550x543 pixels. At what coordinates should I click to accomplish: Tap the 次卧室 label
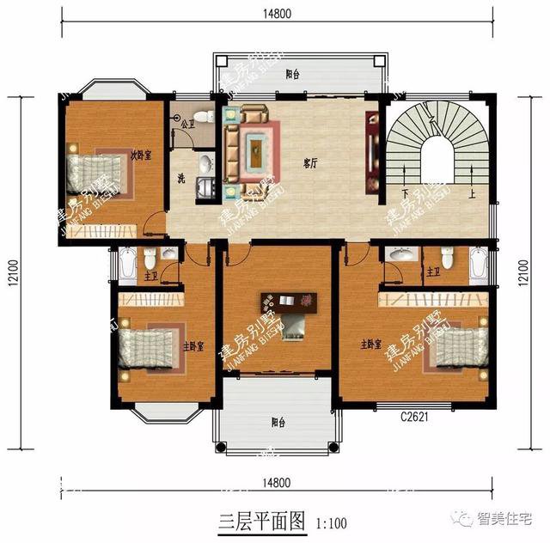point(141,156)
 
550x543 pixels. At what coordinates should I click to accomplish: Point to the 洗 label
point(181,179)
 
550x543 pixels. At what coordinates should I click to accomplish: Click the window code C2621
point(413,418)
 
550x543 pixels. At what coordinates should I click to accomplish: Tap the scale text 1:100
point(332,521)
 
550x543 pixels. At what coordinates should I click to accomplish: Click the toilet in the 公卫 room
point(202,116)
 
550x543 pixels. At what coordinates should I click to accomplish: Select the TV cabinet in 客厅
point(372,151)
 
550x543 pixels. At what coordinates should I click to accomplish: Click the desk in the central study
point(290,302)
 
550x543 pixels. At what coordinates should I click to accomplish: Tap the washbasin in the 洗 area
point(206,163)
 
